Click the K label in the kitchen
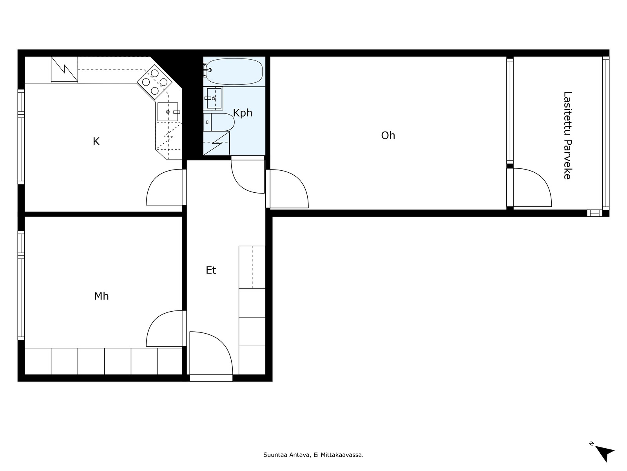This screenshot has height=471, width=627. (x=96, y=141)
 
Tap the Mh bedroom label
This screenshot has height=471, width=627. (x=101, y=296)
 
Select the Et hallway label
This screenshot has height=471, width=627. (x=211, y=270)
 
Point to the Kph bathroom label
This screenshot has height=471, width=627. (x=243, y=113)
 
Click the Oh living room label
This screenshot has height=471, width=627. (x=388, y=135)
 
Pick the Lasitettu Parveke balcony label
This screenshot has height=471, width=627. (x=567, y=135)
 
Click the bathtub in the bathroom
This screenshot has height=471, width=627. (x=234, y=71)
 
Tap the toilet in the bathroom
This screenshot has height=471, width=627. (x=221, y=122)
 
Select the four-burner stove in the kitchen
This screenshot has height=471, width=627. (x=155, y=82)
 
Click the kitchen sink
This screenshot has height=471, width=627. (x=168, y=112)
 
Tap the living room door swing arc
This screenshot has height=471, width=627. (x=288, y=188)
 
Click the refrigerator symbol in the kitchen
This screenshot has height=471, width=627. (x=64, y=69)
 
